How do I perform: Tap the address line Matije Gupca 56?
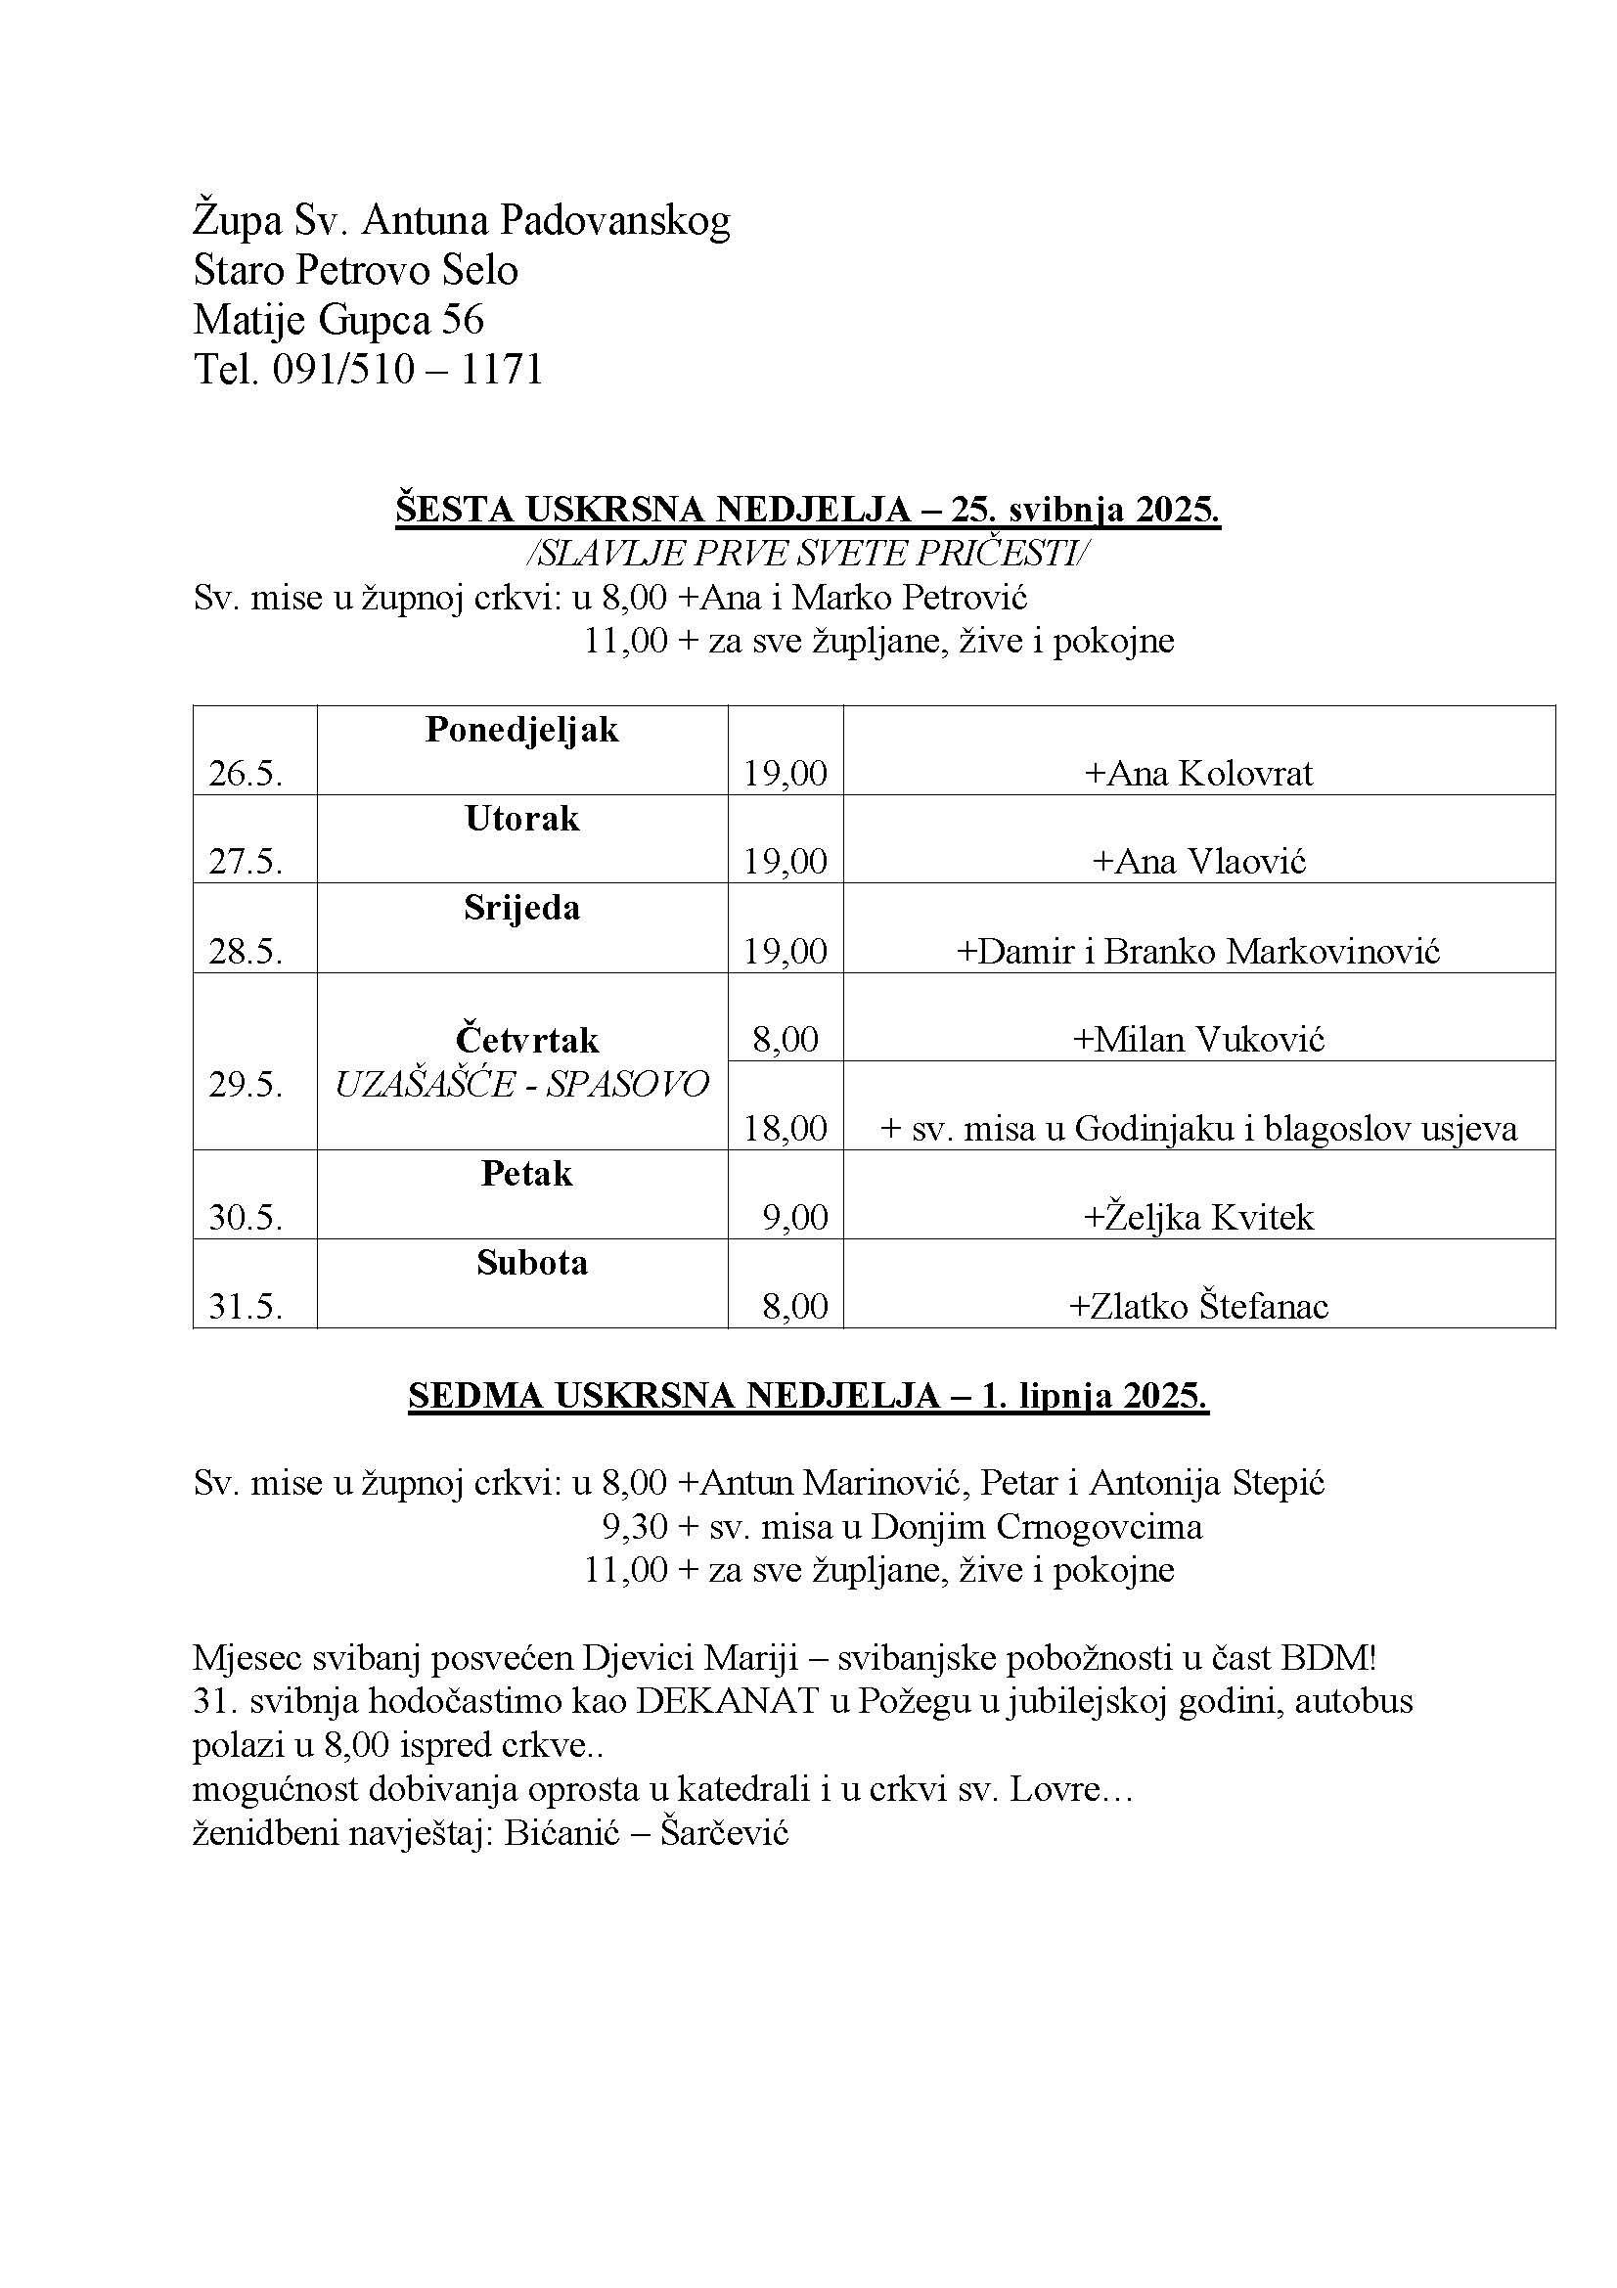pyautogui.click(x=337, y=320)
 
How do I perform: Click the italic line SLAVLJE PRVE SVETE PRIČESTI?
pyautogui.click(x=807, y=553)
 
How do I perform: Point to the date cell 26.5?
pyautogui.click(x=246, y=774)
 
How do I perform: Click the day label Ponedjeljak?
pyautogui.click(x=521, y=731)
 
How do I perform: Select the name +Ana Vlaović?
pyautogui.click(x=1198, y=862)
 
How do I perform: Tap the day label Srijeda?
pyautogui.click(x=521, y=908)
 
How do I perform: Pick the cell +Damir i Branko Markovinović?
pyautogui.click(x=1198, y=952)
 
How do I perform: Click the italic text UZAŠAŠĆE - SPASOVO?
pyautogui.click(x=521, y=1084)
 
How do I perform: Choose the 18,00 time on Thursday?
pyautogui.click(x=786, y=1128)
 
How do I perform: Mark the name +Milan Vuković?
pyautogui.click(x=1198, y=1041)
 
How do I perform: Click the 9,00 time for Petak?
pyautogui.click(x=795, y=1218)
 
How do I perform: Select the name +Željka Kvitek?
pyautogui.click(x=1198, y=1218)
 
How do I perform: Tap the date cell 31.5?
pyautogui.click(x=246, y=1307)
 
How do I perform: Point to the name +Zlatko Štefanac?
pyautogui.click(x=1198, y=1307)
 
